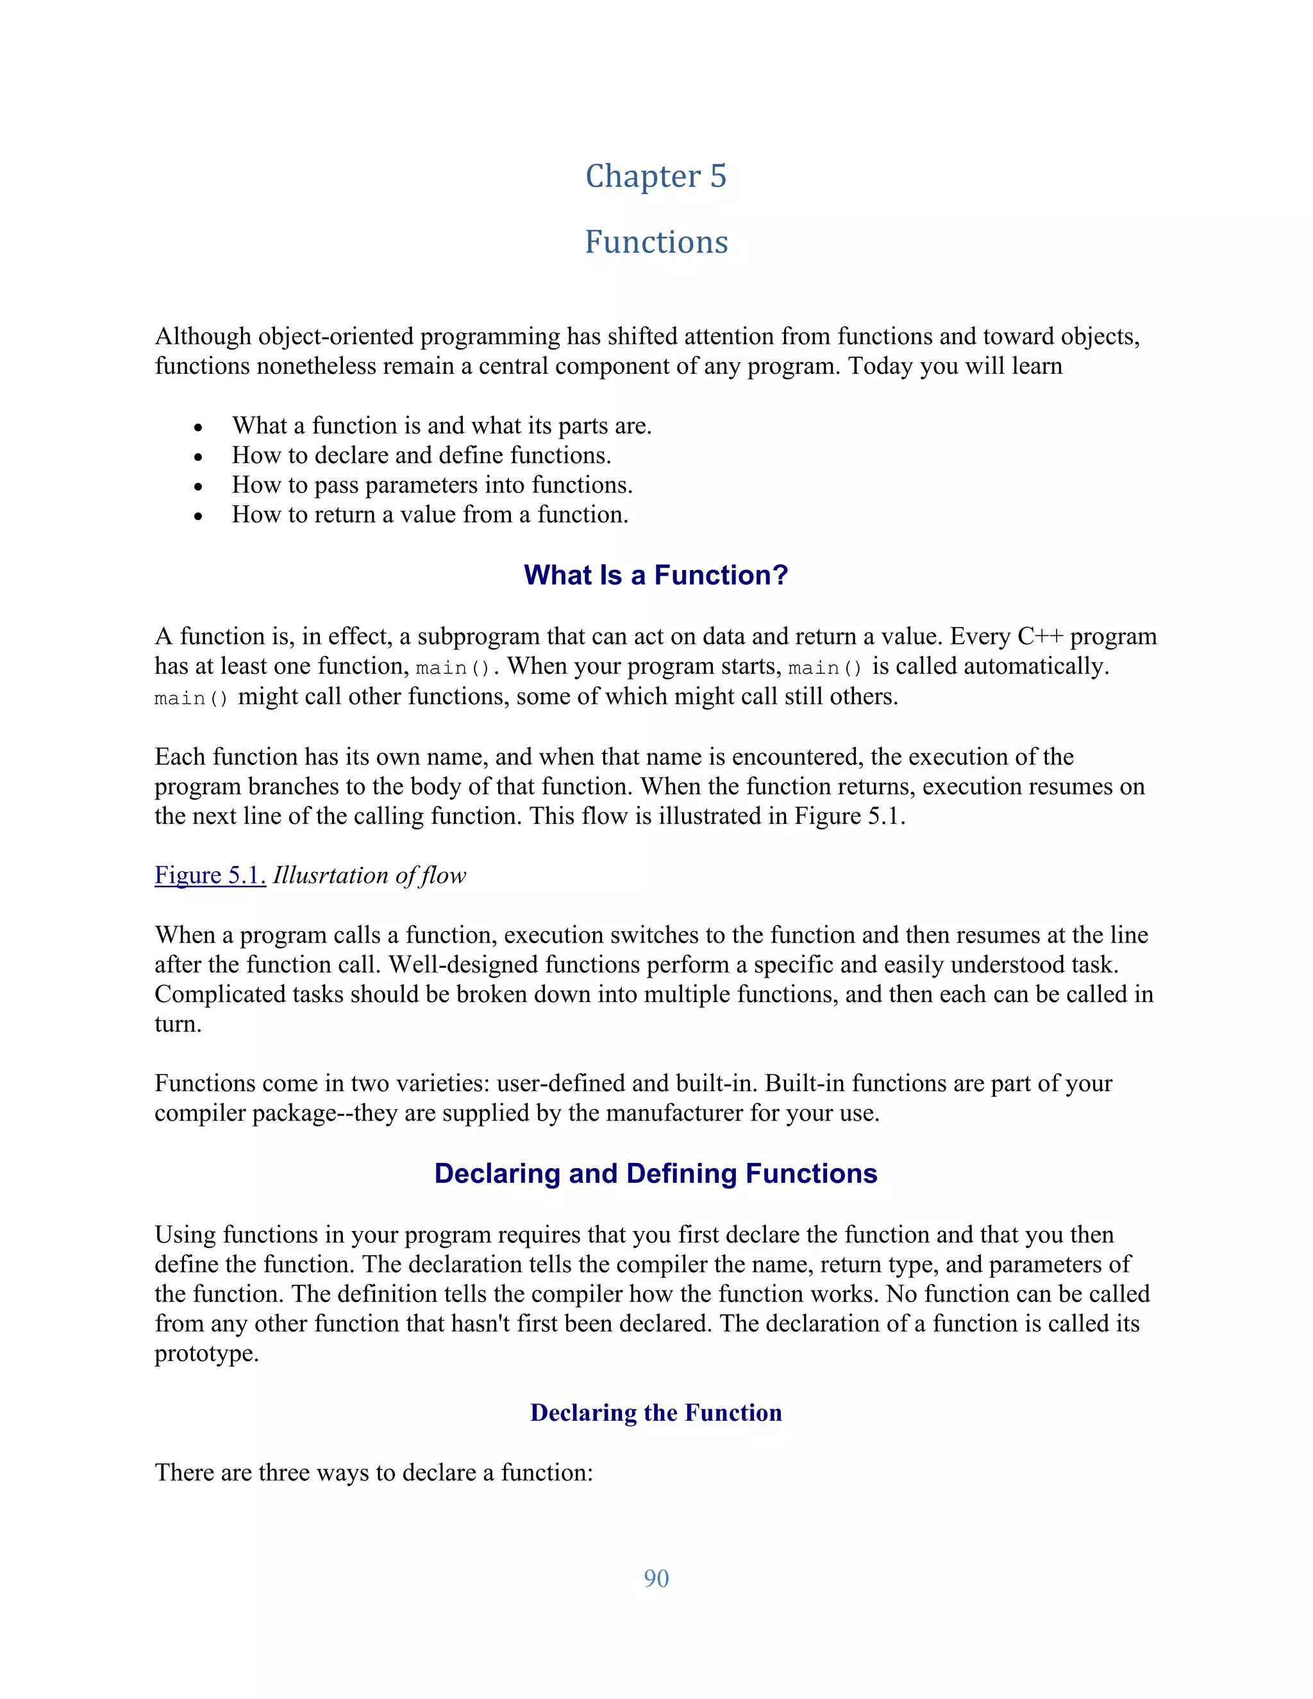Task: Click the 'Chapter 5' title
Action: (656, 176)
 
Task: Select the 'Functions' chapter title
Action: (656, 242)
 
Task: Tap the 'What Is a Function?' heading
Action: (656, 575)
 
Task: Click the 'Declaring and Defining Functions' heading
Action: (656, 1173)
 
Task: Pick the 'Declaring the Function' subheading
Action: (656, 1412)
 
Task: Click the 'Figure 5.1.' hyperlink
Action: (210, 875)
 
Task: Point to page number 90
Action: (656, 1578)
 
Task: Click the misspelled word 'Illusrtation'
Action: (331, 875)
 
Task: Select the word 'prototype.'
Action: (206, 1353)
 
